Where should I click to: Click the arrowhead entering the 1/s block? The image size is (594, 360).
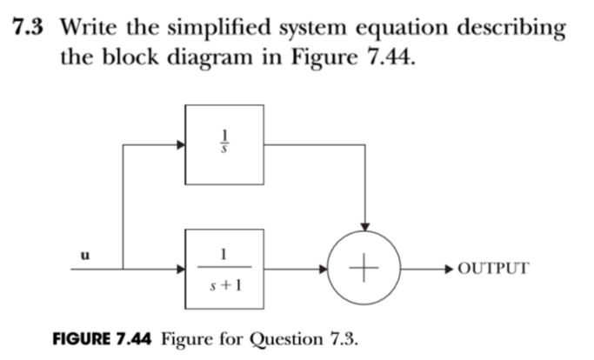tap(181, 144)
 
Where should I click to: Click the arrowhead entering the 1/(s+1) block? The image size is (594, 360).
tap(181, 269)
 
